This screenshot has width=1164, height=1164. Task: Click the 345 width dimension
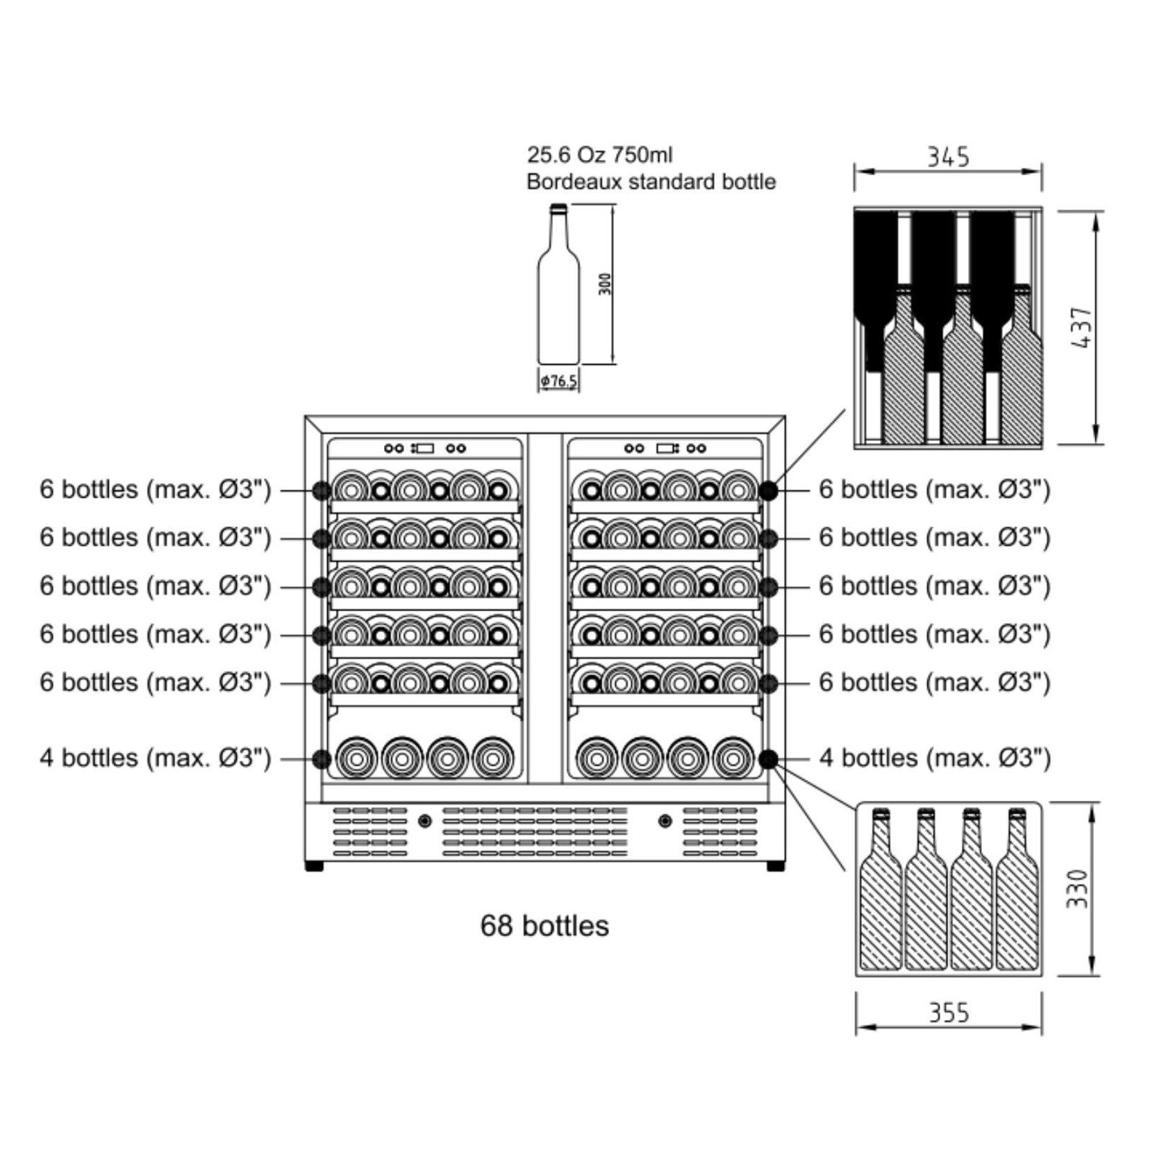948,157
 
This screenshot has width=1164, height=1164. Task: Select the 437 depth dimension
1081,327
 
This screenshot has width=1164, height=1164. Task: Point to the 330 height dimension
1076,888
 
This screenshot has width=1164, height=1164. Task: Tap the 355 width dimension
949,1013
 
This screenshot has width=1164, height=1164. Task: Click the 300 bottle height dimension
606,283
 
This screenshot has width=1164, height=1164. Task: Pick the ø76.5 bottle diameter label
559,381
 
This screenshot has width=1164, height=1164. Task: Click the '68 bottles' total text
544,926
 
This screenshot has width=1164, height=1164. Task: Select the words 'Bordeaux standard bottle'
651,182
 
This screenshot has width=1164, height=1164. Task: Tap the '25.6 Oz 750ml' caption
599,154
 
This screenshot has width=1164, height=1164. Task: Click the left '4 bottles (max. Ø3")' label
155,758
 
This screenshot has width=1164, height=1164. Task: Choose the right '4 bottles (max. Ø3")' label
935,758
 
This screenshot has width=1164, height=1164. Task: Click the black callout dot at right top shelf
767,490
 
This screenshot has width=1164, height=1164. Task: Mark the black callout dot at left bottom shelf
321,758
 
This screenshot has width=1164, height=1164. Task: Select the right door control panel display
665,449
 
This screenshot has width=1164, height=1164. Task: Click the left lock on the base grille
425,821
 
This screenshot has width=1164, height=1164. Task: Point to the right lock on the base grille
665,821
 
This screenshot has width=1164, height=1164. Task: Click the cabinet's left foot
314,866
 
